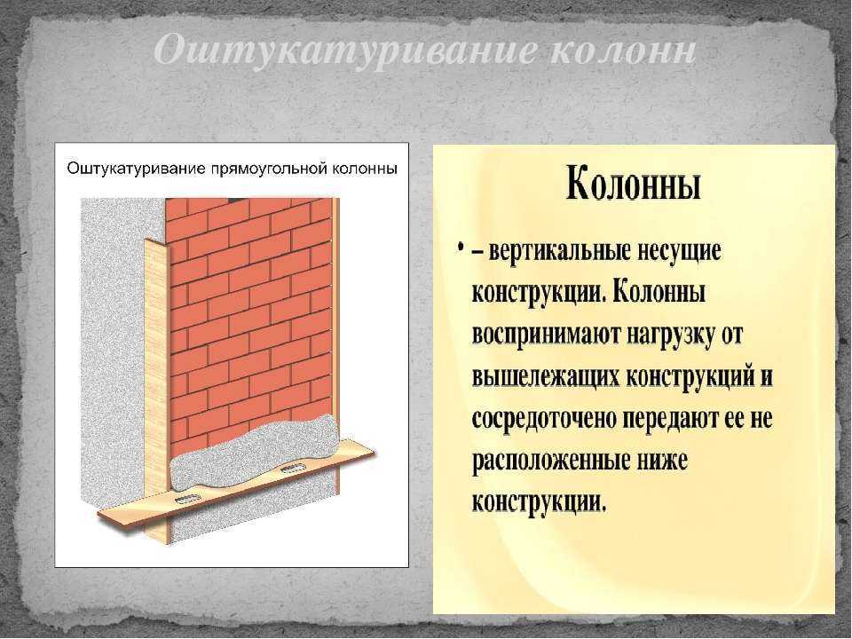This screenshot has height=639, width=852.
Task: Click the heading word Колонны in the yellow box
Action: pos(633,185)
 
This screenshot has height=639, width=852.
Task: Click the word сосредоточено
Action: pos(544,418)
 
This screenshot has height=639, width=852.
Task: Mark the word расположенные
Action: pos(548,461)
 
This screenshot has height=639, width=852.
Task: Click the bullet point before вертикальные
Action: pos(461,248)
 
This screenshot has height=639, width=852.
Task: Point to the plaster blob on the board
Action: pos(256,453)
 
